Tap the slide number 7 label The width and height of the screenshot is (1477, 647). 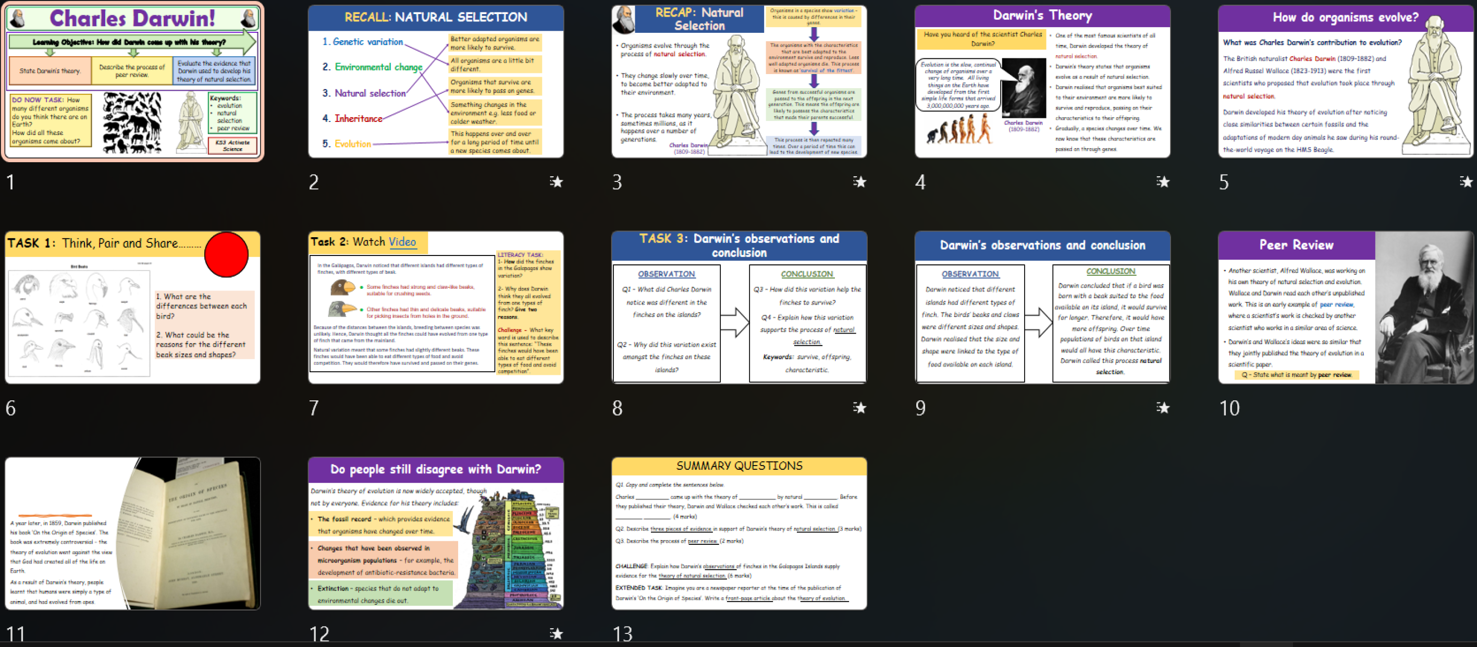point(314,408)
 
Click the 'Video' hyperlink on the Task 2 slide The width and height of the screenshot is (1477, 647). point(402,242)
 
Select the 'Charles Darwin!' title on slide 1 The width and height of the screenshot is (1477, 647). point(132,18)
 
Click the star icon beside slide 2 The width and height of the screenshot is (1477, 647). point(556,182)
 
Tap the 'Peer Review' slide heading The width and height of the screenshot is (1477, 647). point(1296,246)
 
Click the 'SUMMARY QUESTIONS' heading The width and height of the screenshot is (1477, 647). point(738,466)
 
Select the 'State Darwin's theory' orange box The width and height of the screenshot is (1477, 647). point(50,71)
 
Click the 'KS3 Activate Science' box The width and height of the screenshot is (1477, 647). point(232,145)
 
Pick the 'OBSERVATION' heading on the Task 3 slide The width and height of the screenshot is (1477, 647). point(666,274)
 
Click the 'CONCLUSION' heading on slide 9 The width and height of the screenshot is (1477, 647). point(1110,271)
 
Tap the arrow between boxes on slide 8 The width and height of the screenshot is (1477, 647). point(734,323)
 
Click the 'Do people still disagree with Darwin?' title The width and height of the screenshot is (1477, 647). point(435,469)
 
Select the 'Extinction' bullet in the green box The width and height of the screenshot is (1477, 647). point(380,594)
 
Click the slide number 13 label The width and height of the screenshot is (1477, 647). point(622,634)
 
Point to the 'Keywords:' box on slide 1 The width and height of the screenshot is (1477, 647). point(232,113)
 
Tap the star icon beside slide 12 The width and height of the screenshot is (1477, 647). point(556,634)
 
